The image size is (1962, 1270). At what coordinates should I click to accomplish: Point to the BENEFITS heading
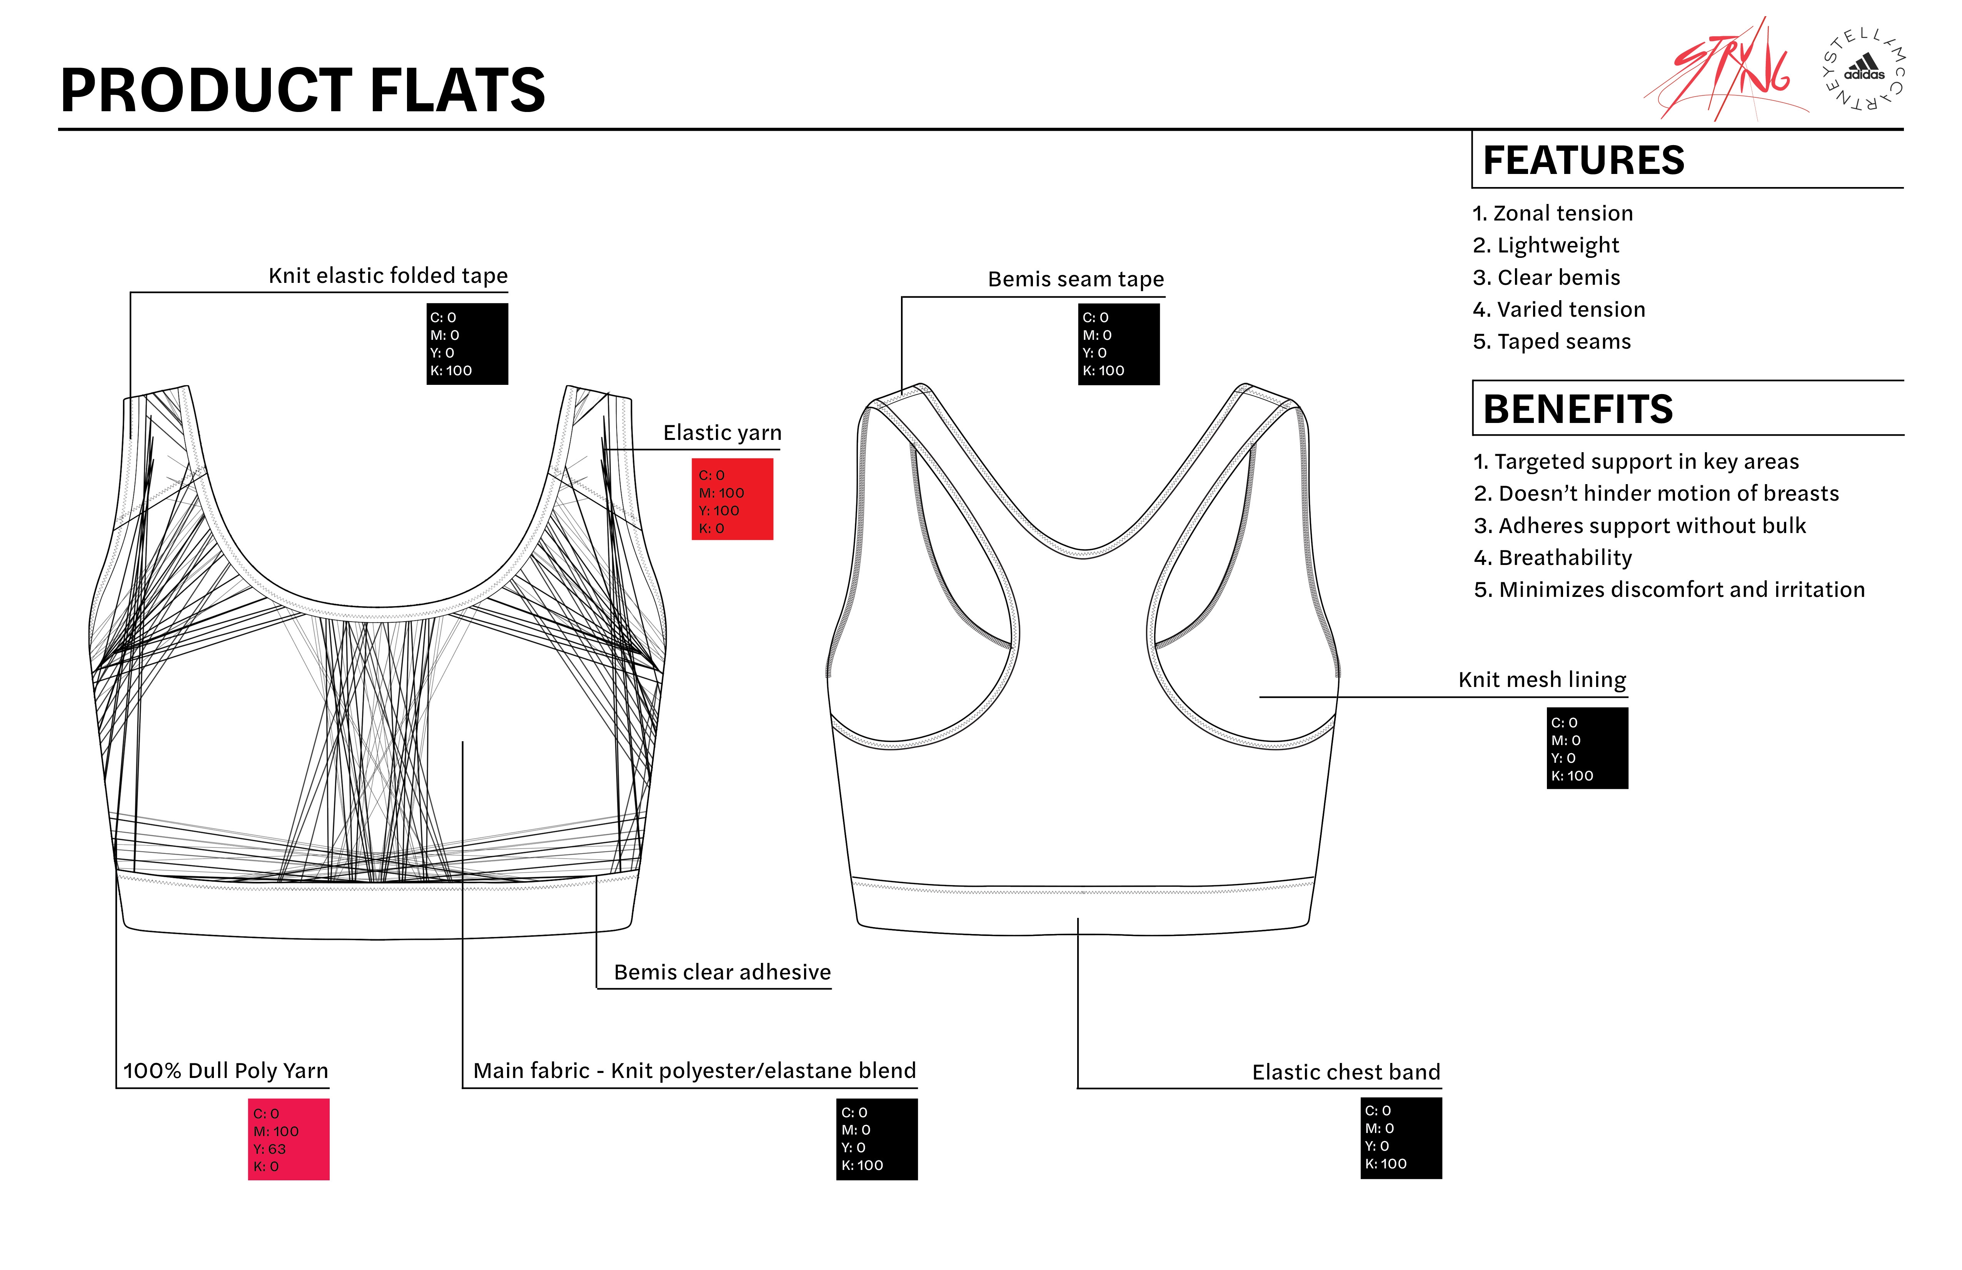1577,409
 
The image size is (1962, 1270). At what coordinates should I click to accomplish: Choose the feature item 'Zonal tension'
1552,214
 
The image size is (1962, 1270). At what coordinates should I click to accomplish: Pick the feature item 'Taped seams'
1552,341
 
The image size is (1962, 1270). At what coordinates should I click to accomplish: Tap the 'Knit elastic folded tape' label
387,276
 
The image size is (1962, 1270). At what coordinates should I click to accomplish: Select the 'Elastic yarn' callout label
722,433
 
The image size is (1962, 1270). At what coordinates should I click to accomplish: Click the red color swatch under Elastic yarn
732,499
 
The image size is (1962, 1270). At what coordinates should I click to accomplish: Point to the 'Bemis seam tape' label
1076,279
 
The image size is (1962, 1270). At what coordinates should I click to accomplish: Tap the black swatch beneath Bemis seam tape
1119,344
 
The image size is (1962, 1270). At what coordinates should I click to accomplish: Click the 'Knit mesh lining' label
1542,680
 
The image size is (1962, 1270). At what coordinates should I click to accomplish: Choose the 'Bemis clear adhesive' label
722,972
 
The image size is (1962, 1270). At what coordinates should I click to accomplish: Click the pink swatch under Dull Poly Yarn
289,1139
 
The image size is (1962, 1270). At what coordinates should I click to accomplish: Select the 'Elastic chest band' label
1346,1072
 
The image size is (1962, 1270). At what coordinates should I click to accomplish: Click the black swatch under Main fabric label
876,1139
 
